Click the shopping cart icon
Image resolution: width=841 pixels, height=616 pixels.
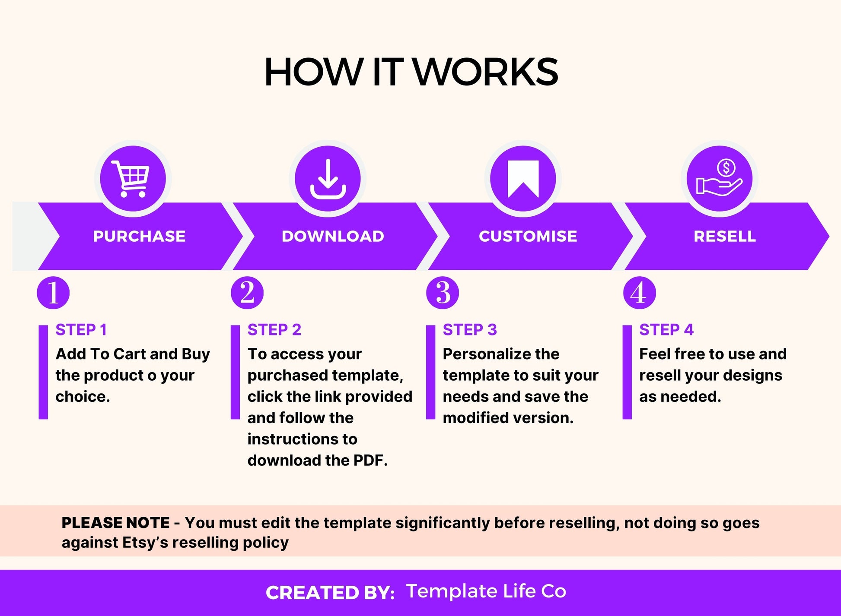click(x=131, y=179)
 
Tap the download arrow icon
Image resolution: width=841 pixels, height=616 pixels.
click(x=328, y=179)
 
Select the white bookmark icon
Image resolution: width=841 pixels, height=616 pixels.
click(x=523, y=179)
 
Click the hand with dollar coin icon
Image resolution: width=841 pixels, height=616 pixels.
click(x=719, y=179)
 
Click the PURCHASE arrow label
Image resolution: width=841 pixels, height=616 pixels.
click(x=139, y=236)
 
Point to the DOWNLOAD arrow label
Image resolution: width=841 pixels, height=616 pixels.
click(x=333, y=236)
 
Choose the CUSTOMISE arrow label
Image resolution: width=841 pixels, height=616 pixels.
click(x=528, y=236)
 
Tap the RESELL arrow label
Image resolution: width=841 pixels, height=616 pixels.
click(x=724, y=236)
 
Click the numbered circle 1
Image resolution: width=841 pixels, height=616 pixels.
click(x=53, y=293)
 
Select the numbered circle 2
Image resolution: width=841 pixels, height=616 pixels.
click(x=247, y=293)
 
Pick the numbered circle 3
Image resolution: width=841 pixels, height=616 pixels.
click(x=443, y=293)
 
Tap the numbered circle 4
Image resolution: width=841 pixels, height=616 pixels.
click(x=639, y=293)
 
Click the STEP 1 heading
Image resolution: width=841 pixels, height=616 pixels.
click(x=81, y=330)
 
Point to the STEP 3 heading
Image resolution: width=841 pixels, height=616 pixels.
click(x=470, y=330)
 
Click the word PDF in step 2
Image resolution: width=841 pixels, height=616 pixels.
click(x=370, y=461)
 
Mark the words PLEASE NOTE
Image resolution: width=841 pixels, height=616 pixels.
click(x=115, y=523)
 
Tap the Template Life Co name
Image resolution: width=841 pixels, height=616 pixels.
click(x=486, y=591)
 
